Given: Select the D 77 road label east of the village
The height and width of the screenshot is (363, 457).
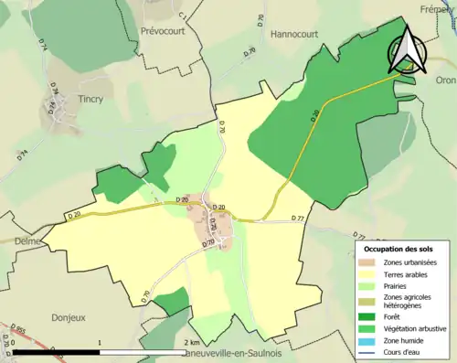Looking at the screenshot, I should coord(297,219).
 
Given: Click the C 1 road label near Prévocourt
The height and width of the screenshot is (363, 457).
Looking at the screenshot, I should coord(183,16).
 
